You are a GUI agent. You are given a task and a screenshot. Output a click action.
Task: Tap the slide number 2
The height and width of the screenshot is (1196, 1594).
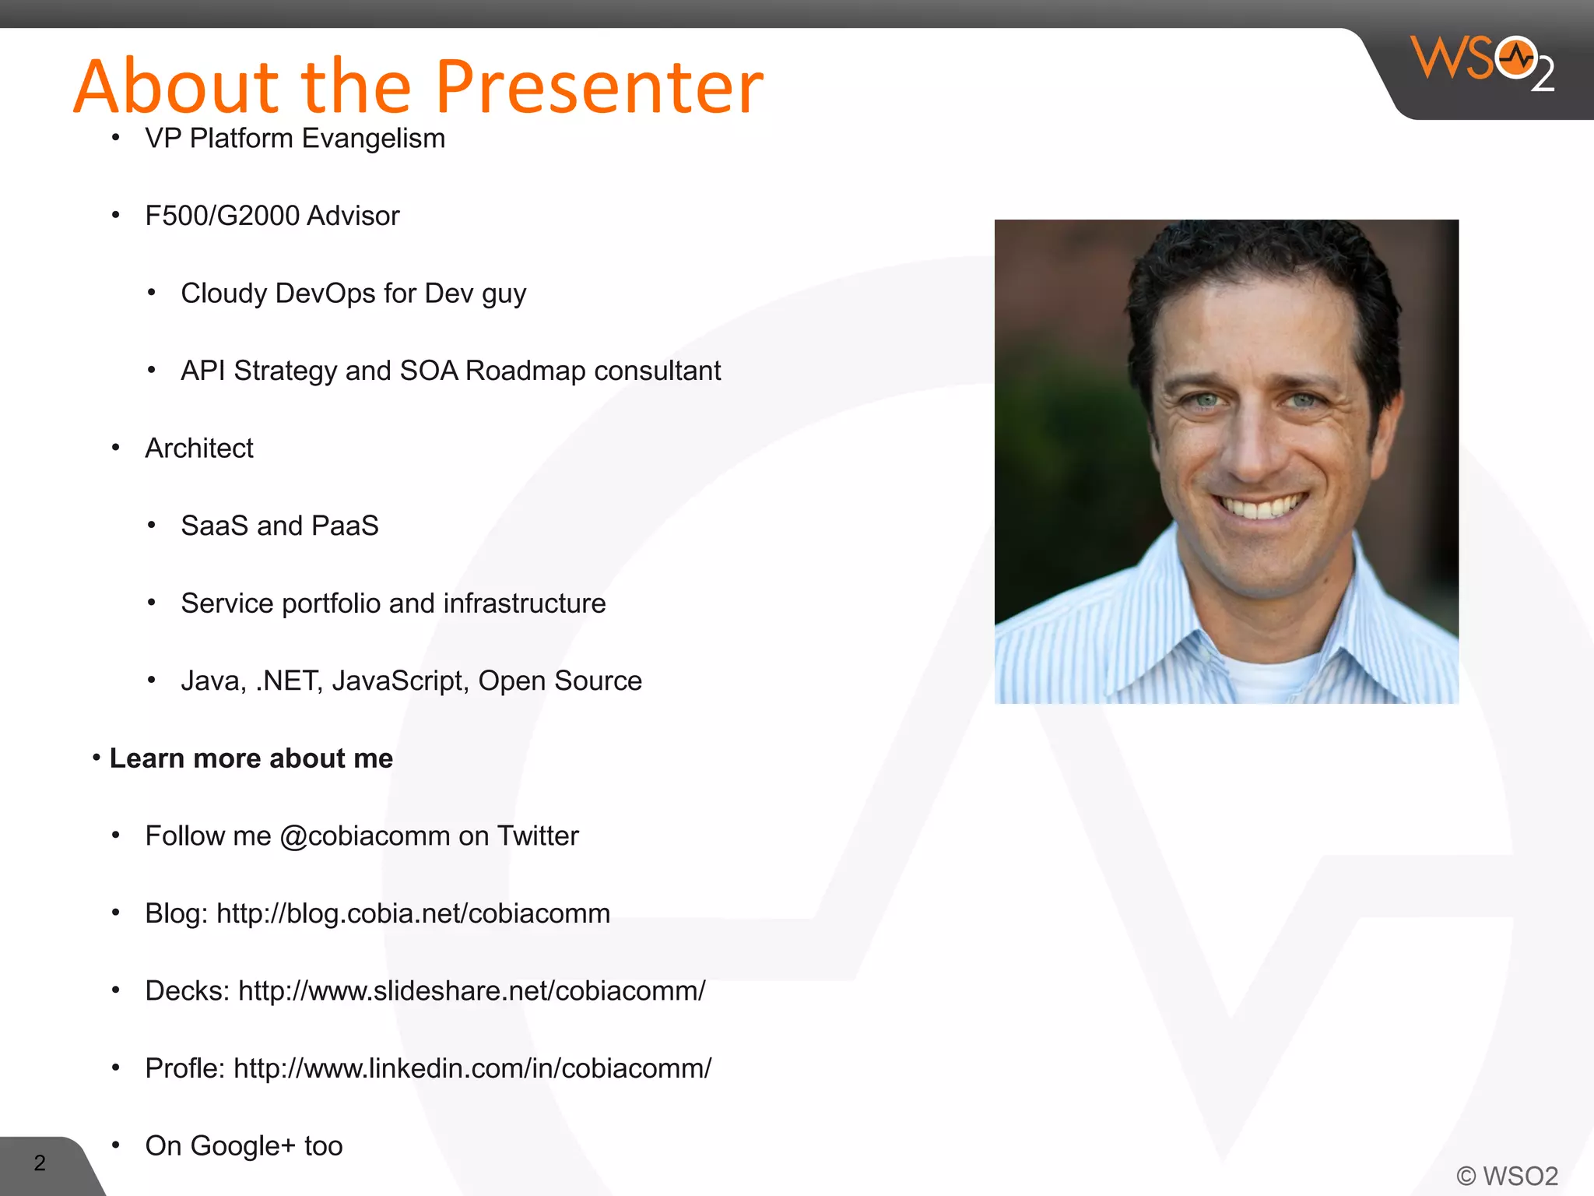pos(40,1163)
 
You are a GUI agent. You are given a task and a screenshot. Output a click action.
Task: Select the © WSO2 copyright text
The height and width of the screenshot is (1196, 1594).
pos(1507,1175)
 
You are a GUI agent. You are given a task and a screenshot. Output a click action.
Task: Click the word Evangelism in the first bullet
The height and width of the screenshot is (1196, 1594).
pos(374,139)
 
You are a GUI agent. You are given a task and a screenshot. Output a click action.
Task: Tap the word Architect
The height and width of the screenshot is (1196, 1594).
pos(199,448)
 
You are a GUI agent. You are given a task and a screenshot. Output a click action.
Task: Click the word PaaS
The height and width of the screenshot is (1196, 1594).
pos(345,526)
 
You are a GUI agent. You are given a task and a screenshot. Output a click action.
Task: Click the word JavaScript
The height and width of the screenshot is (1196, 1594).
pos(400,681)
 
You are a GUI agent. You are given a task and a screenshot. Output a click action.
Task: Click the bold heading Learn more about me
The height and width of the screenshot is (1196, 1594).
pos(251,758)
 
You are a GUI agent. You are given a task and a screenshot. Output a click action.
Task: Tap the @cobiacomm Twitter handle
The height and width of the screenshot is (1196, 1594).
pos(364,836)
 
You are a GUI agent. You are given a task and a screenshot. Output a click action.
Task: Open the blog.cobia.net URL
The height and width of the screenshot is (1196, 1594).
pos(413,913)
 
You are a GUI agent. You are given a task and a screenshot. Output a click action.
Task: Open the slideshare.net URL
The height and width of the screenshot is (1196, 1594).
pos(472,991)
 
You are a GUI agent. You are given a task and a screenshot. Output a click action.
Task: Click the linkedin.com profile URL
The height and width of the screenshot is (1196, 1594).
pos(472,1068)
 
